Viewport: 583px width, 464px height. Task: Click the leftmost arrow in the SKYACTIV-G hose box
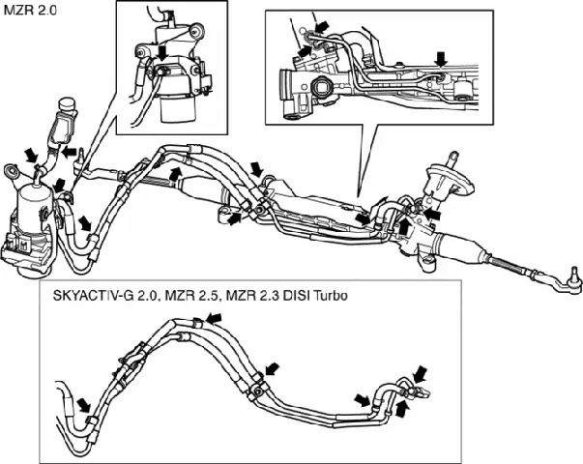(x=85, y=403)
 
